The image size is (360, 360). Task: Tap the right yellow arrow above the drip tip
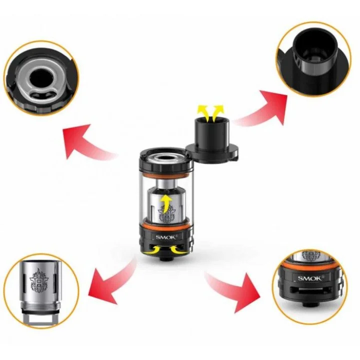pos(217,113)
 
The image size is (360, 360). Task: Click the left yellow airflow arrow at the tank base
pos(153,250)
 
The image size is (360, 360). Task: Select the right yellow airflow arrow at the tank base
pos(178,250)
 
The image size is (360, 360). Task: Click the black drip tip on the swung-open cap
pos(211,133)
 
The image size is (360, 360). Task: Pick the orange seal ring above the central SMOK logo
pos(166,225)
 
